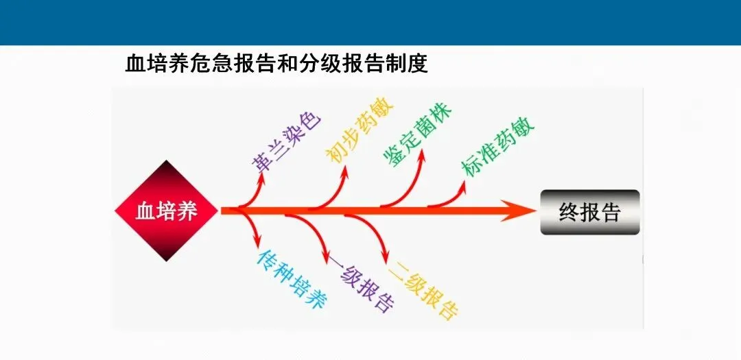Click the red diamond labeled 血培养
pyautogui.click(x=166, y=211)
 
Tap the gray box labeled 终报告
pyautogui.click(x=589, y=212)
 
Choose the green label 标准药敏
pyautogui.click(x=499, y=149)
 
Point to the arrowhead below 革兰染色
pyautogui.click(x=261, y=178)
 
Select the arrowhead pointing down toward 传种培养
pyautogui.click(x=259, y=242)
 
